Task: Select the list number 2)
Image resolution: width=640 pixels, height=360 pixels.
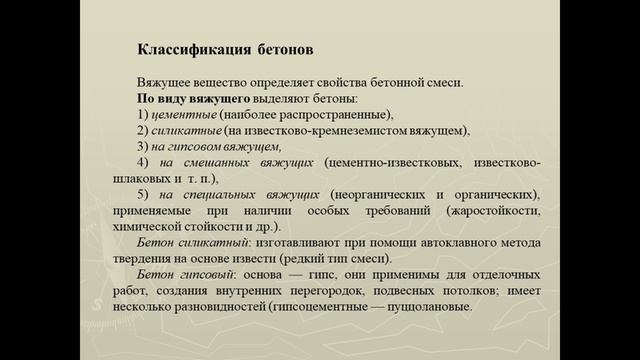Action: click(143, 131)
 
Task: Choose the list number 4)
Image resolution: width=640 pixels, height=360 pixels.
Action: click(143, 162)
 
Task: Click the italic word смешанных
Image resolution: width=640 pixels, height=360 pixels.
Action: click(218, 162)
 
